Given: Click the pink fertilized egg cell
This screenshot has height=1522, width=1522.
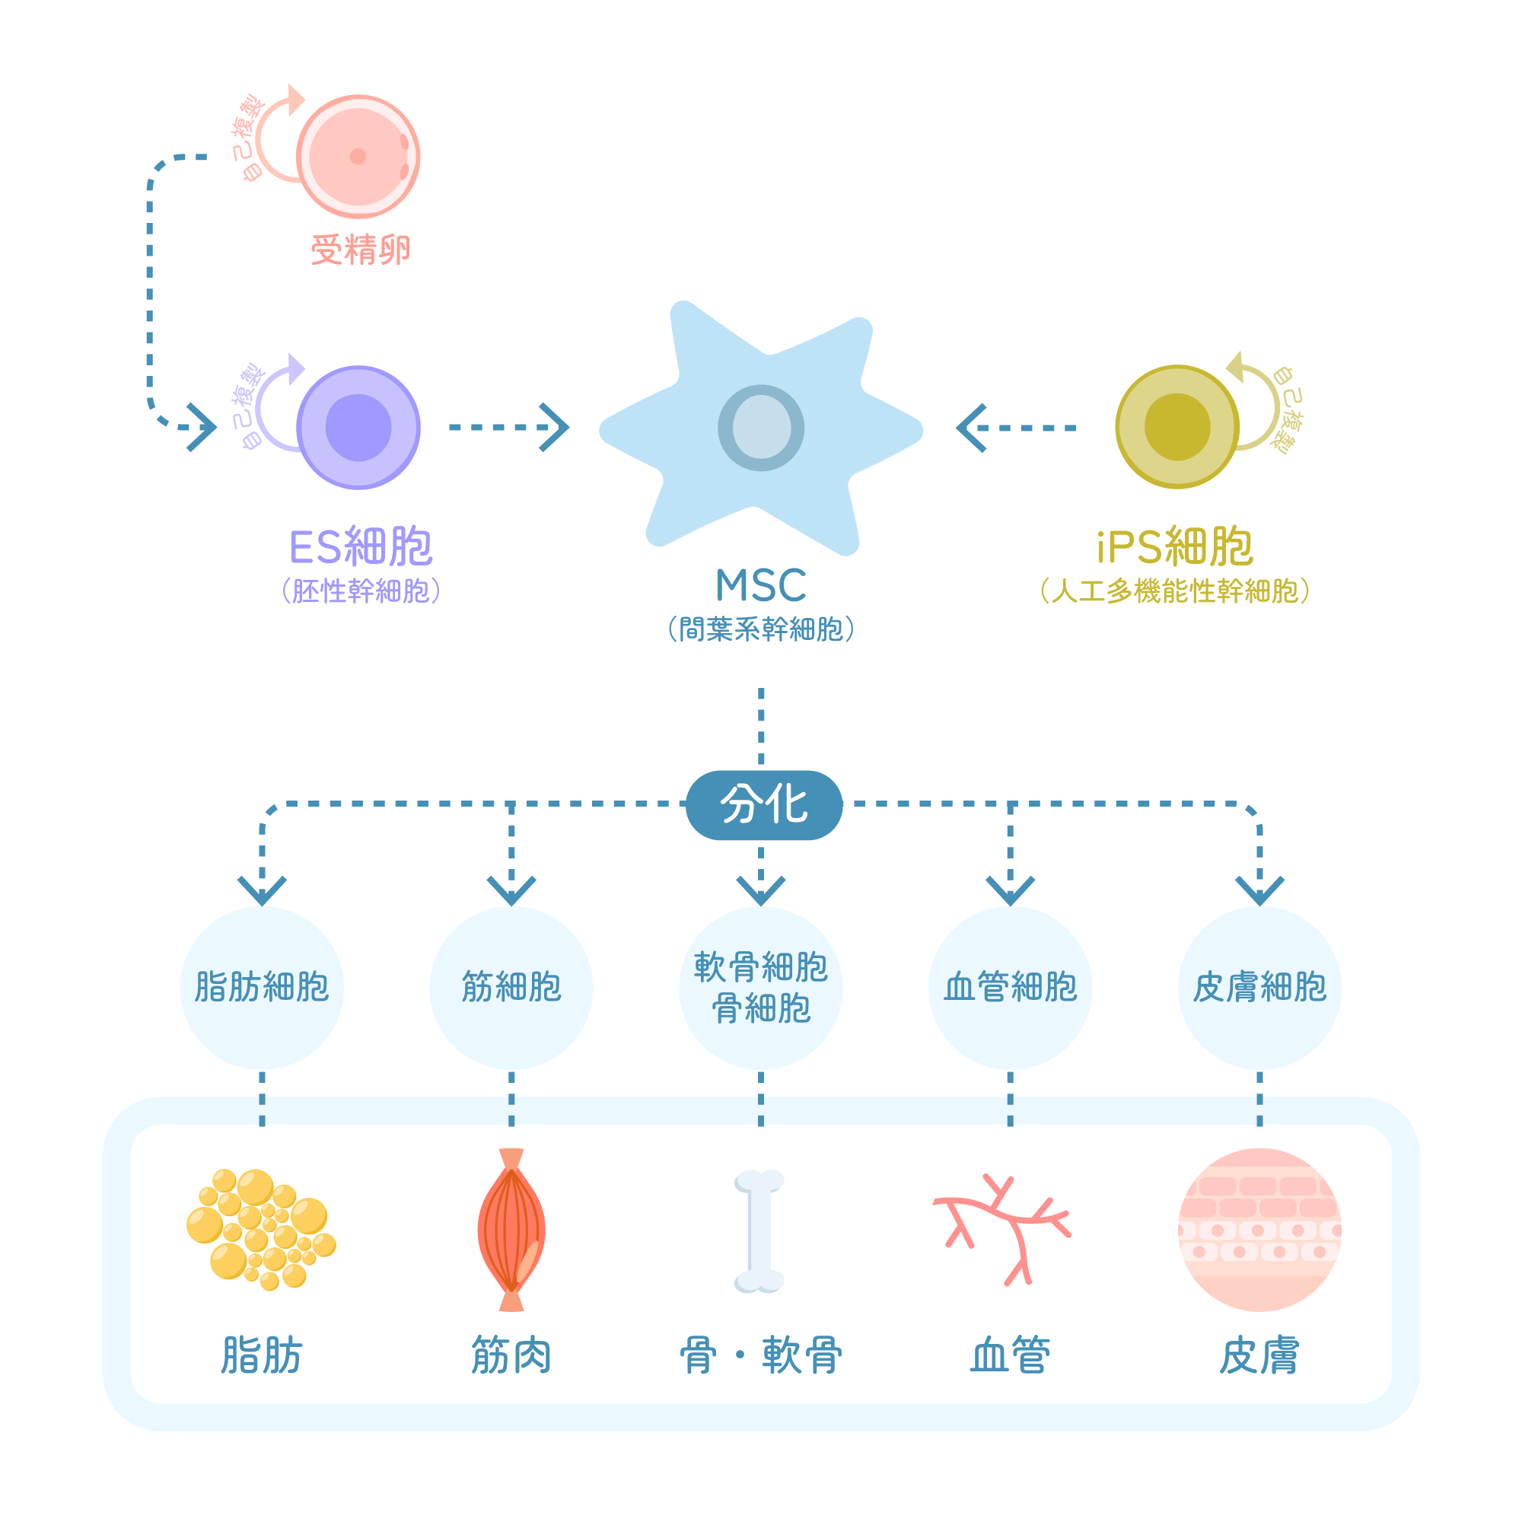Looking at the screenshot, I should [358, 157].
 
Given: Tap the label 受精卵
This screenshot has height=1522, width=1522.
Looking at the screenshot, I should [361, 250].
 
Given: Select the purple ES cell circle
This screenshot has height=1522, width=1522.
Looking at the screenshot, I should [358, 428].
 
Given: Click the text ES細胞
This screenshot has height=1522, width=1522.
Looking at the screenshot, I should [361, 546].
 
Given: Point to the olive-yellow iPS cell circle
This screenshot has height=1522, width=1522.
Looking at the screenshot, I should [1177, 427].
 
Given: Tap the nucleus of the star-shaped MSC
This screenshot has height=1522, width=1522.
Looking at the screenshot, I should [761, 428].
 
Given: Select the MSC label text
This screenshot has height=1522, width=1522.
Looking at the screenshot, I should [761, 586].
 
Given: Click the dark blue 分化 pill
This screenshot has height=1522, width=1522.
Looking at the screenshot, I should [764, 805].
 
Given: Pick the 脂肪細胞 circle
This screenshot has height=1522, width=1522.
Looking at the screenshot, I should [263, 988].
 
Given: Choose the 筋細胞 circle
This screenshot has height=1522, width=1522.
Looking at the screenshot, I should [511, 988].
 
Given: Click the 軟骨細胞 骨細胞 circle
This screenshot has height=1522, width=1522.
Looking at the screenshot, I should [761, 988].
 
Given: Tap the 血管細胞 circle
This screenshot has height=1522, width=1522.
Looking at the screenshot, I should [1010, 988].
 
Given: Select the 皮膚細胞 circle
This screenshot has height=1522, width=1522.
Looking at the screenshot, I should [1259, 988].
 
